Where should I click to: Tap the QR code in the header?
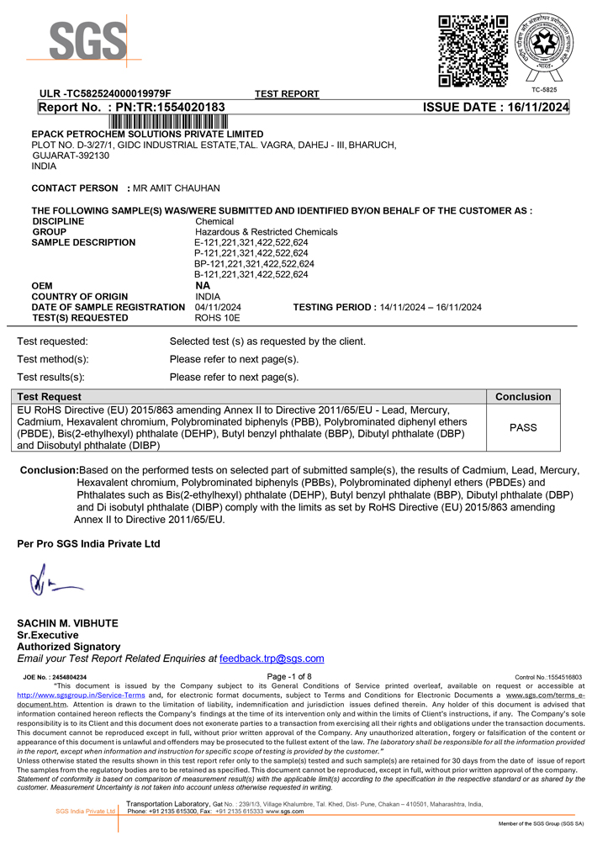473,51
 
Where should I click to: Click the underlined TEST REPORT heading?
287,94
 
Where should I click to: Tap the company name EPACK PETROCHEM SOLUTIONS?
147,135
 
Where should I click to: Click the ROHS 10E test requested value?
218,318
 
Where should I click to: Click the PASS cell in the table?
523,427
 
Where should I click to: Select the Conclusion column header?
523,397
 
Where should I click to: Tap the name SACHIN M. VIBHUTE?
68,623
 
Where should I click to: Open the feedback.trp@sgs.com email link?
272,659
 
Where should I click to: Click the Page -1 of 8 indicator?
288,676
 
